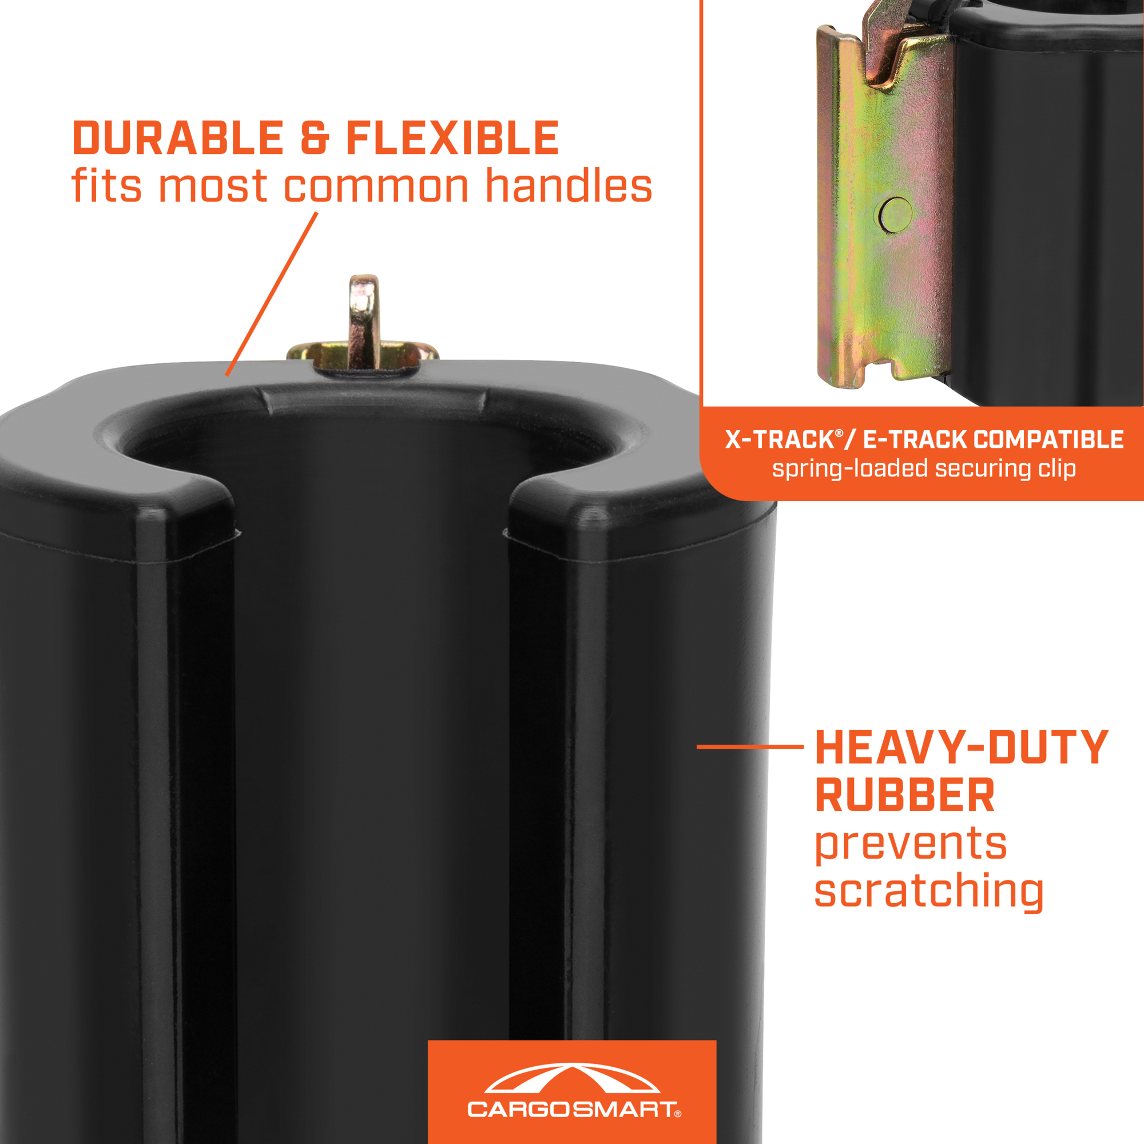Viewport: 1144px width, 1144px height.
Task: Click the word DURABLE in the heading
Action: [x=178, y=138]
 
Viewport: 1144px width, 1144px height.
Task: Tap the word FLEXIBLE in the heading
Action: [x=452, y=138]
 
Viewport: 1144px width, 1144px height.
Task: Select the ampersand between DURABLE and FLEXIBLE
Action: [x=315, y=138]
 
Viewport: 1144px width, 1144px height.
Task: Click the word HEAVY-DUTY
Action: [x=961, y=747]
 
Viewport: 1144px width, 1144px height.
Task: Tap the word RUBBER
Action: [x=905, y=795]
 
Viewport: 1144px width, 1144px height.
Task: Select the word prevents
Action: [x=911, y=844]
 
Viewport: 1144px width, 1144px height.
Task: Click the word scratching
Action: [x=928, y=891]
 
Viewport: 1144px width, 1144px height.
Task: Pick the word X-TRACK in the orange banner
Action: [x=779, y=439]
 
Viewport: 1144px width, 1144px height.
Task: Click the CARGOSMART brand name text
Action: [x=571, y=1109]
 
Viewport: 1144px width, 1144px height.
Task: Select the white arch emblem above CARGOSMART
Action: [x=572, y=1078]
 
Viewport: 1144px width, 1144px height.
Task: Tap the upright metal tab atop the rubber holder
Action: [x=364, y=320]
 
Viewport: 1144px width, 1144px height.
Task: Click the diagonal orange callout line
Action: [x=272, y=293]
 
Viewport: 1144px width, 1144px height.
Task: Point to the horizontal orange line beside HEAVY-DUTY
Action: [x=750, y=746]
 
